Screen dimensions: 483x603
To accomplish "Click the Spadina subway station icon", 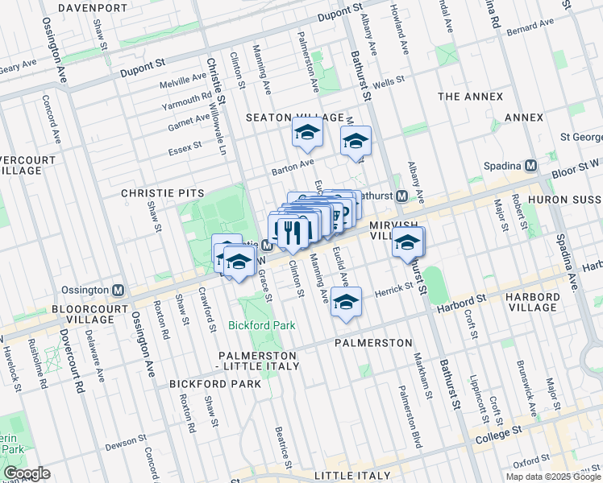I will coord(530,165).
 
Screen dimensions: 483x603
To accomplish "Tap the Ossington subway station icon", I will coord(119,290).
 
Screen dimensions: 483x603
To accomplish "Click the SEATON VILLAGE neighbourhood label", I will coord(295,118).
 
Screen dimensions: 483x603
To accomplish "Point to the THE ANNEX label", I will coord(470,97).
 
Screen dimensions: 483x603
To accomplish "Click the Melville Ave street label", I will coord(183,80).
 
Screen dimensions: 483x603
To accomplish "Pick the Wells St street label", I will coord(387,82).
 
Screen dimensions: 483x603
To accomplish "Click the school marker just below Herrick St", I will coord(346,303).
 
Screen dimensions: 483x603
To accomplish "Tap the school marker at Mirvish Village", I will coord(408,242).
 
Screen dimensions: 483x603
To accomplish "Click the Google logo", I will coord(27,473).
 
